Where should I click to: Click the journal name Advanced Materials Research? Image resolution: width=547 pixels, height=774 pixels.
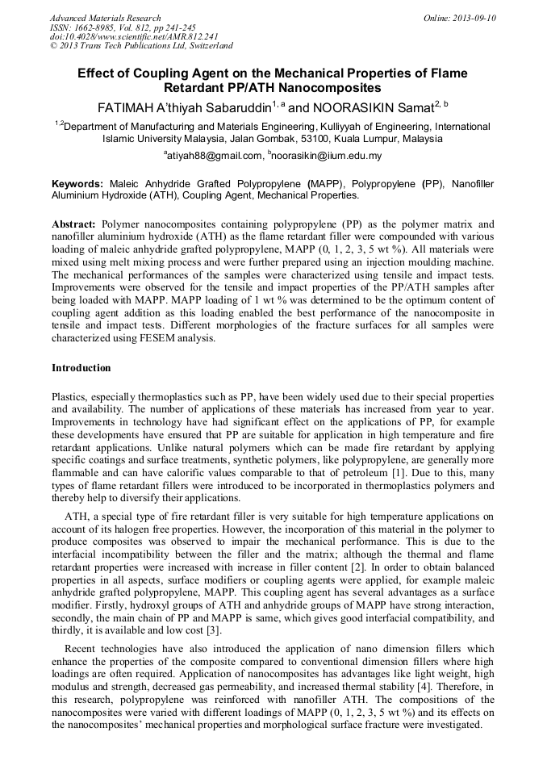coord(105,18)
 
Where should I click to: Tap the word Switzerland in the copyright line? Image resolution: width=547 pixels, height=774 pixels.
coord(205,46)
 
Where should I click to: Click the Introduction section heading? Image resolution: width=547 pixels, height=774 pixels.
coord(81,368)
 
